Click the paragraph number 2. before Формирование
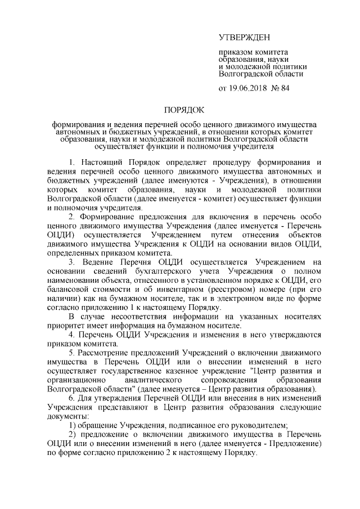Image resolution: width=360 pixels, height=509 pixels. (71, 217)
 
